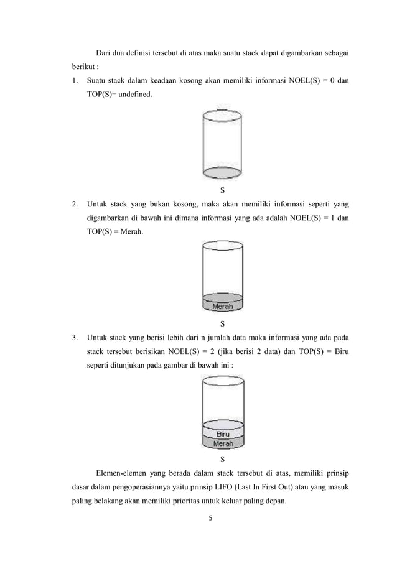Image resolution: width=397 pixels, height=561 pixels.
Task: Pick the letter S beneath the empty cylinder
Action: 223,189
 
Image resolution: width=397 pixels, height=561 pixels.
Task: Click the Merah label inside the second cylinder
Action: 223,306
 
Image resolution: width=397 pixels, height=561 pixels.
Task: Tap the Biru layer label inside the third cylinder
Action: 223,434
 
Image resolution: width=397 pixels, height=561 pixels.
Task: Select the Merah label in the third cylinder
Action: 223,443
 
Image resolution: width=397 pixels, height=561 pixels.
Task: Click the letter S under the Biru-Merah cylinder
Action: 223,460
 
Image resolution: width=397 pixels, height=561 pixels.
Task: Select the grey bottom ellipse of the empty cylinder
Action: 223,172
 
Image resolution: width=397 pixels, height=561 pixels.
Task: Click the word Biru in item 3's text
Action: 339,353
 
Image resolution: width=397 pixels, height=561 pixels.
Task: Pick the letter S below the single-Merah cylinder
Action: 223,323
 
